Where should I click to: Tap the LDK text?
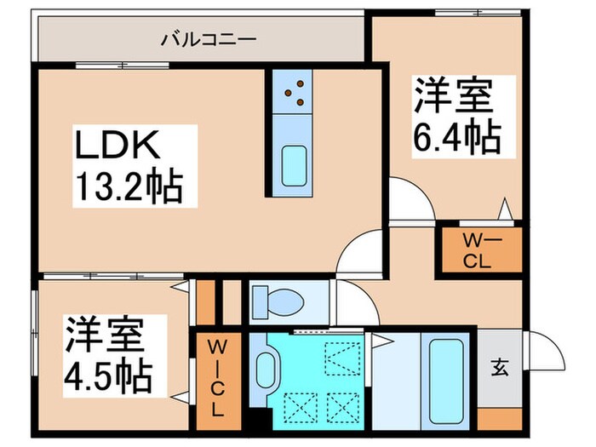click(116, 147)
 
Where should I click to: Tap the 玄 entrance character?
click(498, 368)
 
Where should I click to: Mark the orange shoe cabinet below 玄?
click(498, 416)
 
